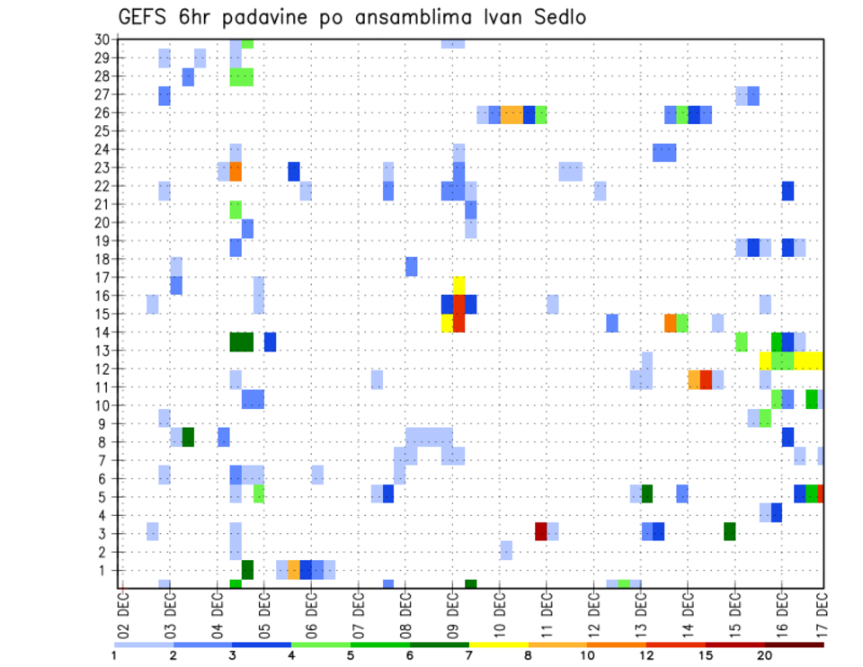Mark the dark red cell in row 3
tap(541, 531)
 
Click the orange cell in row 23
tap(236, 171)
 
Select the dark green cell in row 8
tap(188, 437)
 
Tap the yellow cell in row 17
tap(458, 285)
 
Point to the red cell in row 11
tap(706, 379)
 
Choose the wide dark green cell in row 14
tap(241, 342)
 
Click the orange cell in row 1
tap(294, 569)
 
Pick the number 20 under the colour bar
tap(764, 655)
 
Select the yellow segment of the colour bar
tap(499, 644)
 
